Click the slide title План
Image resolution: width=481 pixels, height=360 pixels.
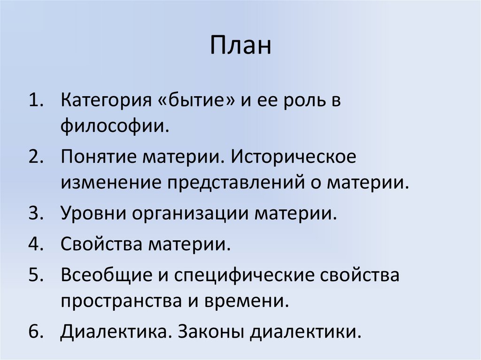pos(240,46)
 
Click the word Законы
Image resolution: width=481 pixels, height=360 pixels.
pos(210,331)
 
